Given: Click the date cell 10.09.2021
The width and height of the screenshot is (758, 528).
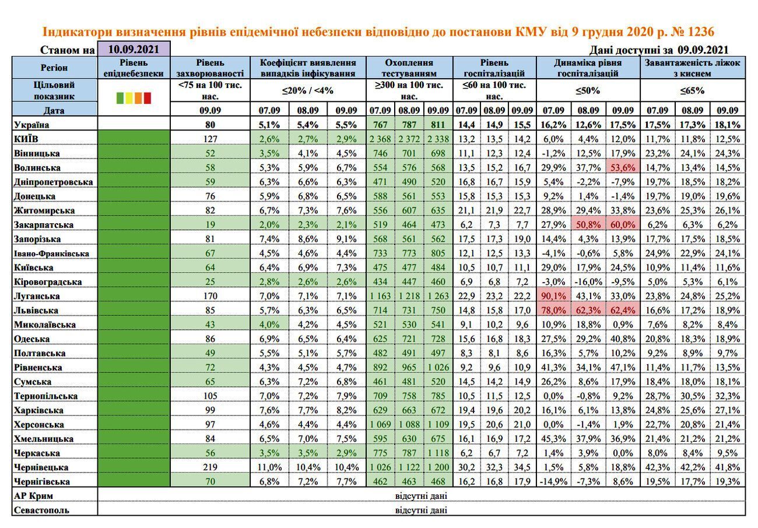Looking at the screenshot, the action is pyautogui.click(x=134, y=49).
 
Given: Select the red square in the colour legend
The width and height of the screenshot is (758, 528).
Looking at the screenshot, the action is pyautogui.click(x=148, y=98).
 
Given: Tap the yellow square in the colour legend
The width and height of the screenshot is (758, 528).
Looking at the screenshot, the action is pyautogui.click(x=129, y=98).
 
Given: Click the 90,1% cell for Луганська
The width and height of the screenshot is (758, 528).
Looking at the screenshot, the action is pyautogui.click(x=553, y=296).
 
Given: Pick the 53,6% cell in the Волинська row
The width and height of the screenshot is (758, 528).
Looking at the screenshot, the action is pyautogui.click(x=623, y=167).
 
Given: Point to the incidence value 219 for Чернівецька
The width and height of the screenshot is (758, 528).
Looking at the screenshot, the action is pyautogui.click(x=210, y=467).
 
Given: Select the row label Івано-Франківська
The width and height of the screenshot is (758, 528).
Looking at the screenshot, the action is pyautogui.click(x=51, y=254).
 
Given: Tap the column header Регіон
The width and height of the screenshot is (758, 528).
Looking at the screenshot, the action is pyautogui.click(x=54, y=68).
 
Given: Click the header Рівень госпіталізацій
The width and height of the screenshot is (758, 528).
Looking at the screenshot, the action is pyautogui.click(x=494, y=68).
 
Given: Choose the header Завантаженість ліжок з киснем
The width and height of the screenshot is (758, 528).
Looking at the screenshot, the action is pyautogui.click(x=693, y=68).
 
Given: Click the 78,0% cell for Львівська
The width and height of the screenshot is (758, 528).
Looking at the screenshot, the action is pyautogui.click(x=553, y=310).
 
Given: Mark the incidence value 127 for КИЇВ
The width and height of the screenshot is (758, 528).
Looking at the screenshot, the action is pyautogui.click(x=210, y=139).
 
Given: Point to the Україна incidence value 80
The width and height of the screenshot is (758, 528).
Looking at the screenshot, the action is pyautogui.click(x=210, y=125).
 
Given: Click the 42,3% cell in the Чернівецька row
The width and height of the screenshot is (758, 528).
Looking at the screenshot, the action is pyautogui.click(x=658, y=467).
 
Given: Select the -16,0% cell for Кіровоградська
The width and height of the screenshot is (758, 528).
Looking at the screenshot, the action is pyautogui.click(x=588, y=281).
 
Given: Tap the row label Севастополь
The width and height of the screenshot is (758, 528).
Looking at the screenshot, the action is pyautogui.click(x=41, y=510).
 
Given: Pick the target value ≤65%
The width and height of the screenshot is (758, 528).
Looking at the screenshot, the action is pyautogui.click(x=692, y=91).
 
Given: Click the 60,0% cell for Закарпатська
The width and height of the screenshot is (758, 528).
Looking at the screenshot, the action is pyautogui.click(x=623, y=224).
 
